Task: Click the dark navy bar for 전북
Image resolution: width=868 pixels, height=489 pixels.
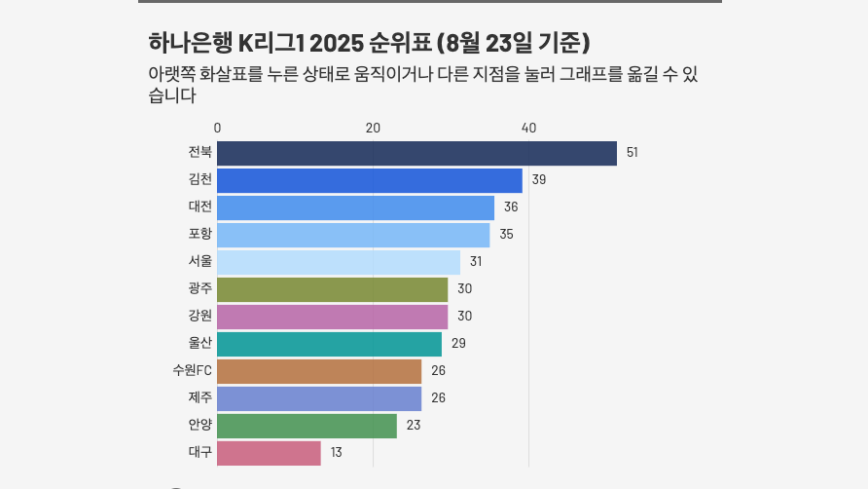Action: pos(416,153)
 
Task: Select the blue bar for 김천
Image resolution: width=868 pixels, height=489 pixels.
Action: pos(370,180)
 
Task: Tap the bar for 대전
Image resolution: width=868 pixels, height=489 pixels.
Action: pos(355,207)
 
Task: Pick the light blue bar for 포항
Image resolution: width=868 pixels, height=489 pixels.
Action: pos(353,235)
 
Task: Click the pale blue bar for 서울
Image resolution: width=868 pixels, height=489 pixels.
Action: pos(339,262)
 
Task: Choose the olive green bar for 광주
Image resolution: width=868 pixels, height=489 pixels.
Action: pos(332,289)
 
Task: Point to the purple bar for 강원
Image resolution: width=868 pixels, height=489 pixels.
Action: pos(332,317)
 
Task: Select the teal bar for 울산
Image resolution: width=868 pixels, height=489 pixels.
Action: pos(329,344)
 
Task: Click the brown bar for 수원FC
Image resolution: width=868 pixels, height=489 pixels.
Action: pos(319,371)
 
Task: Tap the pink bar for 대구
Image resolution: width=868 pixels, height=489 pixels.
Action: pos(269,453)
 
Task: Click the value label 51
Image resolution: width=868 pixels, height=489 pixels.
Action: pos(632,153)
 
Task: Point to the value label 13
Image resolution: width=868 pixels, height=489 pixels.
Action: pos(336,453)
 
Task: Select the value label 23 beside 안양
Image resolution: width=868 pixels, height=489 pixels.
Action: pos(413,426)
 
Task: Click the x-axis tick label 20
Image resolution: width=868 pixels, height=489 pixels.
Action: pos(373,128)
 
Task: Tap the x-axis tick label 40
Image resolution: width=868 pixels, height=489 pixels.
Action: pos(528,128)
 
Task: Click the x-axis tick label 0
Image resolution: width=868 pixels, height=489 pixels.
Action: pos(217,128)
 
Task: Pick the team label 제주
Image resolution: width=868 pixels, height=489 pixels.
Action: pos(200,397)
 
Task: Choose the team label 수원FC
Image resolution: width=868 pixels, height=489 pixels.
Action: pos(192,370)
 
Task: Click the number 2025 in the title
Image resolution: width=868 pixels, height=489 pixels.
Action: pos(339,44)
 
